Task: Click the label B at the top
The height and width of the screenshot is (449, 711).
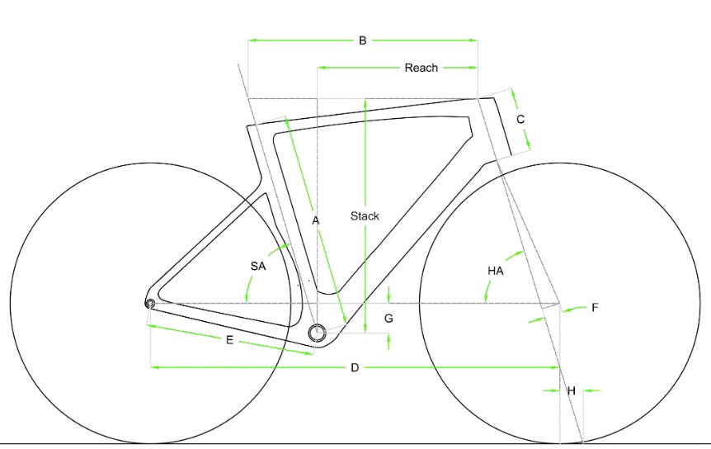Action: [x=362, y=40]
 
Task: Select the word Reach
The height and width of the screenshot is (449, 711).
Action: [x=421, y=68]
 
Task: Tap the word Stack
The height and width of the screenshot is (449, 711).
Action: [x=365, y=216]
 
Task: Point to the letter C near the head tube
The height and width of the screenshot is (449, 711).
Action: [x=520, y=120]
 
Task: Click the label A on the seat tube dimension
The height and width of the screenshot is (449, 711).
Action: [x=316, y=221]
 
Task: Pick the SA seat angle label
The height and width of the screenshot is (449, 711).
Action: [x=258, y=267]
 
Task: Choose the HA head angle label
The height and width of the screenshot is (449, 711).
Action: [x=496, y=272]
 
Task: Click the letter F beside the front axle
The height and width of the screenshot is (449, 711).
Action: [x=595, y=308]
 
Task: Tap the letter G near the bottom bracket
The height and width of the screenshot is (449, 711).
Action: [x=388, y=319]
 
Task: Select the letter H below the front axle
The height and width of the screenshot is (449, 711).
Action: [x=572, y=390]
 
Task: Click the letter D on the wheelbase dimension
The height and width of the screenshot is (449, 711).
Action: [x=355, y=367]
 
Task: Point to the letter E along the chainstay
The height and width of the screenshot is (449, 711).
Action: [x=229, y=340]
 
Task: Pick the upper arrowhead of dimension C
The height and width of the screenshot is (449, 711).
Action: [x=514, y=94]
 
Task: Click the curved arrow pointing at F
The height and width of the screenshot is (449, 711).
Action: [x=576, y=309]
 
